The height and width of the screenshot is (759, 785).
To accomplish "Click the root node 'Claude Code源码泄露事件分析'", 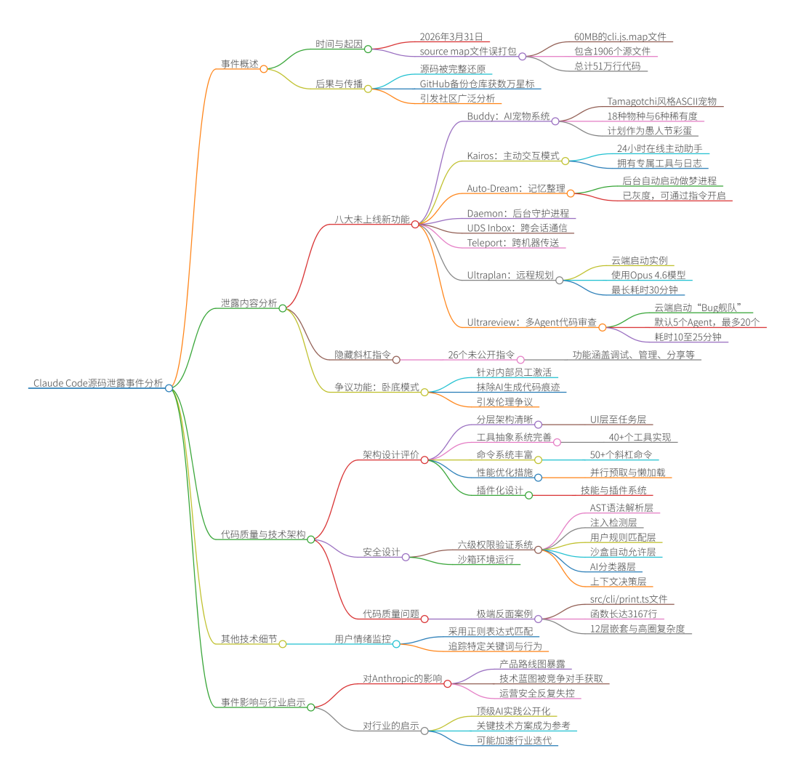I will [98, 382].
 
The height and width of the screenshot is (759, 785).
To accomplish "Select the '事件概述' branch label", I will [240, 64].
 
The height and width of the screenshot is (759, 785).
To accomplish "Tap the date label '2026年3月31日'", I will [456, 36].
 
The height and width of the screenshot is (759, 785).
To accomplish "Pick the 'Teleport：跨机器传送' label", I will [513, 243].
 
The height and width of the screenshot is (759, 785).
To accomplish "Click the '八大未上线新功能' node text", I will [371, 219].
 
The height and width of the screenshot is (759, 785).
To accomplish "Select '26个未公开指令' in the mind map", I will [481, 355].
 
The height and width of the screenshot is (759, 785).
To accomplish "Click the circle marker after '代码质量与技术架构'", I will [310, 539].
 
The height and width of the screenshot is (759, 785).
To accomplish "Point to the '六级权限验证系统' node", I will [495, 545].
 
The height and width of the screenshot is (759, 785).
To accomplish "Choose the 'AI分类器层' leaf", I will [613, 566].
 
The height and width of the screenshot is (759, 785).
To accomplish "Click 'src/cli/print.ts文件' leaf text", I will [629, 599].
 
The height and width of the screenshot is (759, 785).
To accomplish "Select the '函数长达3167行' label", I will [623, 614].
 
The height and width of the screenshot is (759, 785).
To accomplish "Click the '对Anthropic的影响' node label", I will [402, 678].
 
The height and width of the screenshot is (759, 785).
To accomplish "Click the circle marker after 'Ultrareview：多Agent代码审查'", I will [602, 327].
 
